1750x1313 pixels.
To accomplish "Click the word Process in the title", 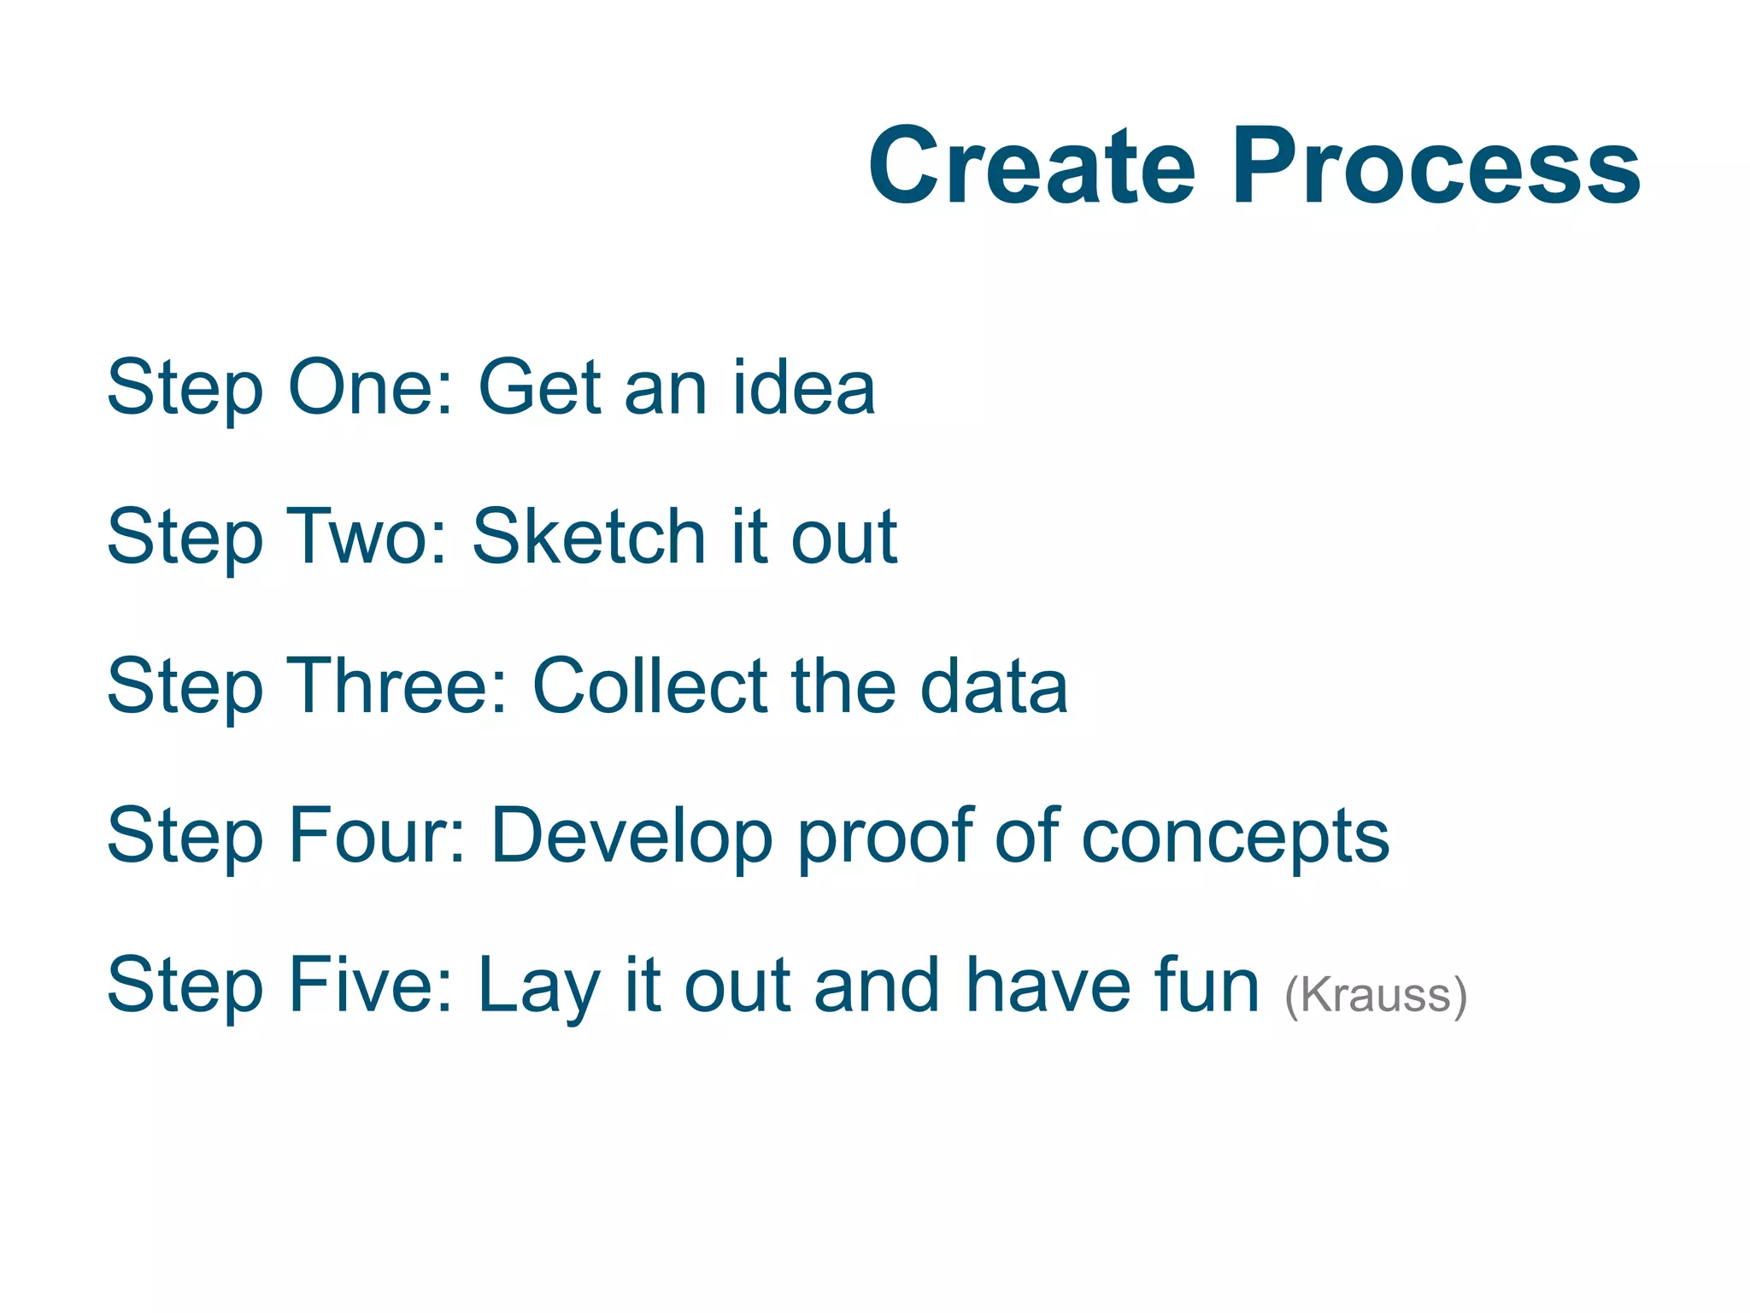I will click(x=1435, y=167).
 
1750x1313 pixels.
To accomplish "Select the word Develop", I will click(x=632, y=838).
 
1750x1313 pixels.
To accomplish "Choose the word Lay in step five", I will click(x=538, y=987).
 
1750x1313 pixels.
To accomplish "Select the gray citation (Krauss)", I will click(x=1376, y=996).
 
